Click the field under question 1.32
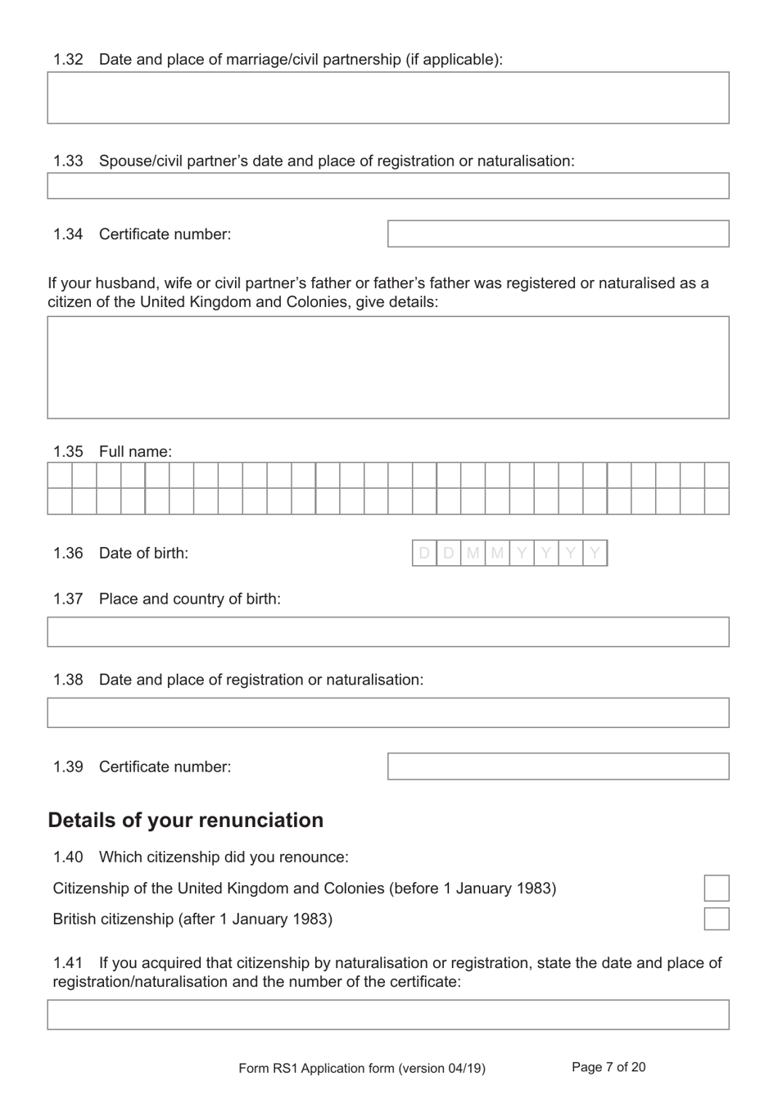point(387,97)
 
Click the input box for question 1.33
point(387,186)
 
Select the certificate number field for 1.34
point(558,233)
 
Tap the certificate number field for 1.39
point(558,767)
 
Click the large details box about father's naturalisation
point(387,368)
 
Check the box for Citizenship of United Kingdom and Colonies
point(716,888)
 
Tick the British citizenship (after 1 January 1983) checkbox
point(716,918)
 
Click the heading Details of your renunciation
point(186,820)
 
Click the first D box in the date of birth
point(424,554)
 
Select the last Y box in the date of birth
point(595,554)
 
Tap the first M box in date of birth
point(473,554)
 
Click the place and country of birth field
point(387,632)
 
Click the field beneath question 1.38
point(387,712)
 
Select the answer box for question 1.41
point(387,1015)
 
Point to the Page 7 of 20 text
point(608,1067)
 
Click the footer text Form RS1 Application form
point(361,1068)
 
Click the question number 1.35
point(68,451)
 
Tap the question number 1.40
point(68,857)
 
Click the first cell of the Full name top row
point(60,476)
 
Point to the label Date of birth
point(143,553)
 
